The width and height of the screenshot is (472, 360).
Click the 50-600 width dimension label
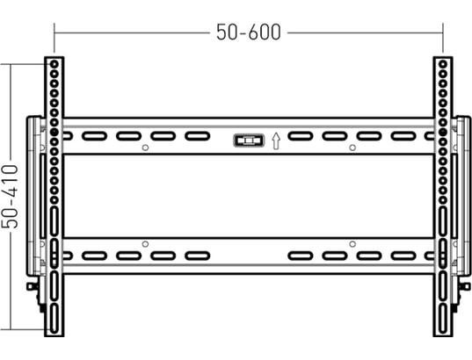point(249,32)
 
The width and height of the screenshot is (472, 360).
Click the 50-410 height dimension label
point(10,197)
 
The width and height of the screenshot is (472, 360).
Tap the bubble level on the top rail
point(249,140)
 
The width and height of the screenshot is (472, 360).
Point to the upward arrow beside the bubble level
point(276,141)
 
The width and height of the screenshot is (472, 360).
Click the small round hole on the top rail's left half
point(145,148)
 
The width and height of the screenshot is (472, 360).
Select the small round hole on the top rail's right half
point(352,148)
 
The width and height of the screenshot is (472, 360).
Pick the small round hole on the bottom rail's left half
point(145,244)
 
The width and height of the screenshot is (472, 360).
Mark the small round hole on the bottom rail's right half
point(352,244)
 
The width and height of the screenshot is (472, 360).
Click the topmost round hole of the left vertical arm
point(54,64)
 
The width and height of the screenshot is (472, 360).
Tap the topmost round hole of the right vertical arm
point(442,64)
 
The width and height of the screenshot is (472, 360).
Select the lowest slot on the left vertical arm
point(54,318)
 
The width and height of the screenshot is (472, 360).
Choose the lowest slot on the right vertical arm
point(442,318)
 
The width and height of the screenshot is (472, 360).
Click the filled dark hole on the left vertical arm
point(54,132)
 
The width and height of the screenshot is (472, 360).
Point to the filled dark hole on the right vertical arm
point(442,132)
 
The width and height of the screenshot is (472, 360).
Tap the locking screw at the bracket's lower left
point(33,286)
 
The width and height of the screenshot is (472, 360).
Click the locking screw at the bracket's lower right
point(464,286)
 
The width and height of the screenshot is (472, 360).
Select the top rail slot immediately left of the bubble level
point(197,136)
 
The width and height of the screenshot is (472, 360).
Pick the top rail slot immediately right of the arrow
point(300,136)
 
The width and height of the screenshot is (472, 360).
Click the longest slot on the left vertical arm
point(54,221)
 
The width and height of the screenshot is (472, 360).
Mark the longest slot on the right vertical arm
point(442,221)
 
